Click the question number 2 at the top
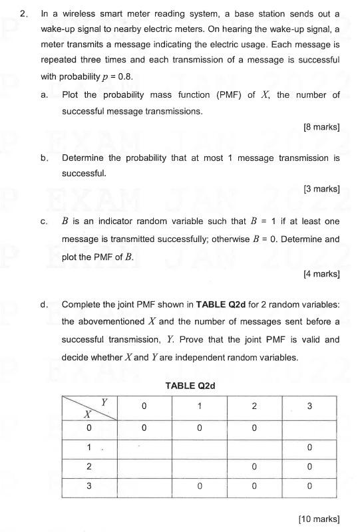(x=23, y=13)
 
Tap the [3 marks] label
(x=321, y=189)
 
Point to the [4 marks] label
(x=321, y=273)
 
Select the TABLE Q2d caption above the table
(x=190, y=386)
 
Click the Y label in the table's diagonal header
(x=104, y=402)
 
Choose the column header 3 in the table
(x=309, y=406)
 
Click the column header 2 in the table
(x=254, y=406)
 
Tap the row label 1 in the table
(x=89, y=448)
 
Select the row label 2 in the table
(x=89, y=467)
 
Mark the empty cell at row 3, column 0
(x=144, y=486)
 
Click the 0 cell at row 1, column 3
(x=309, y=448)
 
